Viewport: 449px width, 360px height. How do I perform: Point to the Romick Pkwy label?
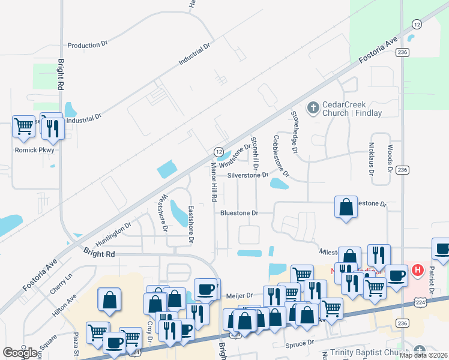click(x=34, y=150)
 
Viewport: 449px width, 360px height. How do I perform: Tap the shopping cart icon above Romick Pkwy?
click(x=23, y=126)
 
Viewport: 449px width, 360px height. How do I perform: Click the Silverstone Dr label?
click(x=247, y=176)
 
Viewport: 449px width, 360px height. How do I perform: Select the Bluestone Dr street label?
click(x=239, y=213)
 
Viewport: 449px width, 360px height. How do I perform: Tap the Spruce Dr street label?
click(x=301, y=343)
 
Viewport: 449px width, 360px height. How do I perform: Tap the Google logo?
click(x=20, y=353)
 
